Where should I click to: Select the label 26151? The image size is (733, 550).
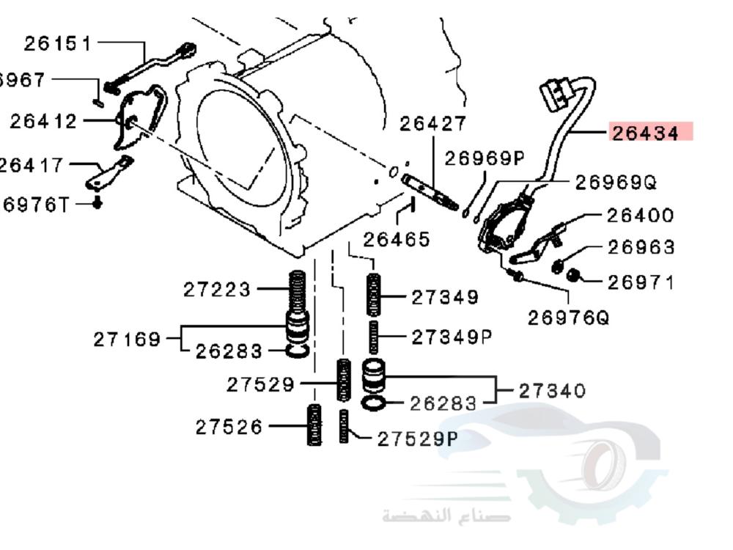tap(58, 44)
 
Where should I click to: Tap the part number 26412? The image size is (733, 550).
tap(43, 121)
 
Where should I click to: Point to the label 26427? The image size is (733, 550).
tap(432, 125)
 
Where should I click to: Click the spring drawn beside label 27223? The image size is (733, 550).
tap(298, 290)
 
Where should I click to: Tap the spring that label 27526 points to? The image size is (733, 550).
tap(314, 425)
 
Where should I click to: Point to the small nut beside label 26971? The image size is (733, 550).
tap(575, 275)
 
